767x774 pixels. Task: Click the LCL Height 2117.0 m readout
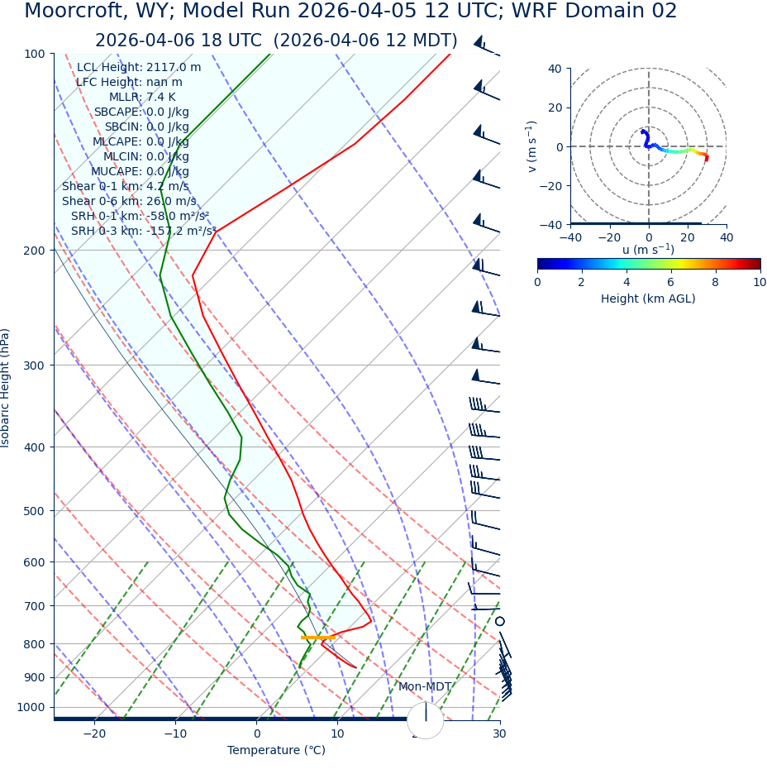[138, 68]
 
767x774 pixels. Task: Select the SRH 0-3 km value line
[143, 232]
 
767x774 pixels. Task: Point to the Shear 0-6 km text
[129, 202]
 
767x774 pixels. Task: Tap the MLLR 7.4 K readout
[142, 98]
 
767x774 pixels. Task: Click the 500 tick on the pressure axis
[34, 511]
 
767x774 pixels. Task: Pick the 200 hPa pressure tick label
[34, 250]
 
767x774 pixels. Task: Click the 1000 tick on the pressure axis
[31, 707]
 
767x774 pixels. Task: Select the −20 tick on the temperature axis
[93, 734]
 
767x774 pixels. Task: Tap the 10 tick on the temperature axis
[337, 734]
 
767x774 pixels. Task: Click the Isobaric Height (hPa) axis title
[6, 388]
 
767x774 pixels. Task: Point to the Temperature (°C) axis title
[276, 751]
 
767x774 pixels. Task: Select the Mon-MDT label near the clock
[425, 687]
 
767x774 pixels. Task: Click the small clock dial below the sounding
[425, 720]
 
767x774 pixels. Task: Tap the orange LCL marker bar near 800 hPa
[317, 638]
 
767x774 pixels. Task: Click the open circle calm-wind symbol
[499, 621]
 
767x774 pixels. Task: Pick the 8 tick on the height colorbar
[715, 282]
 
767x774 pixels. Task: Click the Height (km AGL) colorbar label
[648, 299]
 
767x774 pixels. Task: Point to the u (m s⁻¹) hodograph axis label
[648, 250]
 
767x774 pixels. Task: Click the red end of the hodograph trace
[706, 158]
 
